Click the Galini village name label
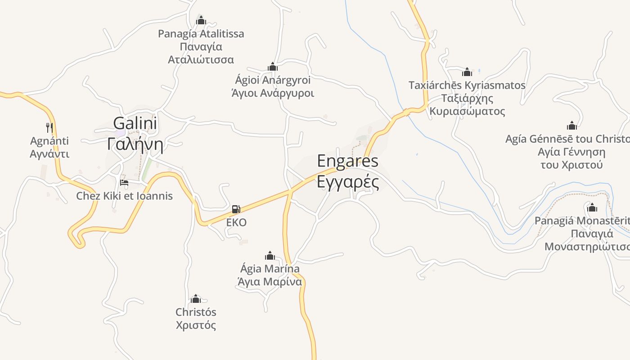[x=135, y=123]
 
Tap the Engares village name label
[x=347, y=161]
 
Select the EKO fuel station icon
[x=236, y=209]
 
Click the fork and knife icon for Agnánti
[x=49, y=127]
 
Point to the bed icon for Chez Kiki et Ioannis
[x=124, y=183]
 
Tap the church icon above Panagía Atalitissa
[x=201, y=20]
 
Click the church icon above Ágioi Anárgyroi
[x=272, y=67]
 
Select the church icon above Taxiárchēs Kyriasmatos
[x=467, y=72]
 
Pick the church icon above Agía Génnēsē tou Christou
[x=571, y=126]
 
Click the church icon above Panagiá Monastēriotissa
[x=592, y=207]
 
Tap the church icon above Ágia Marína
[x=270, y=256]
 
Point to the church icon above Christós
[x=196, y=299]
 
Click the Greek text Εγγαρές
[x=347, y=182]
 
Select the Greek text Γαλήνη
[x=135, y=144]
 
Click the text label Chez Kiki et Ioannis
[x=124, y=196]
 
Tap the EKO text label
[x=236, y=222]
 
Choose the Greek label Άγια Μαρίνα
[x=270, y=282]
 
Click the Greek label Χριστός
[x=196, y=325]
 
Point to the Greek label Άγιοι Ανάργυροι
[x=272, y=93]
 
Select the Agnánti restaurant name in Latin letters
[x=49, y=141]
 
